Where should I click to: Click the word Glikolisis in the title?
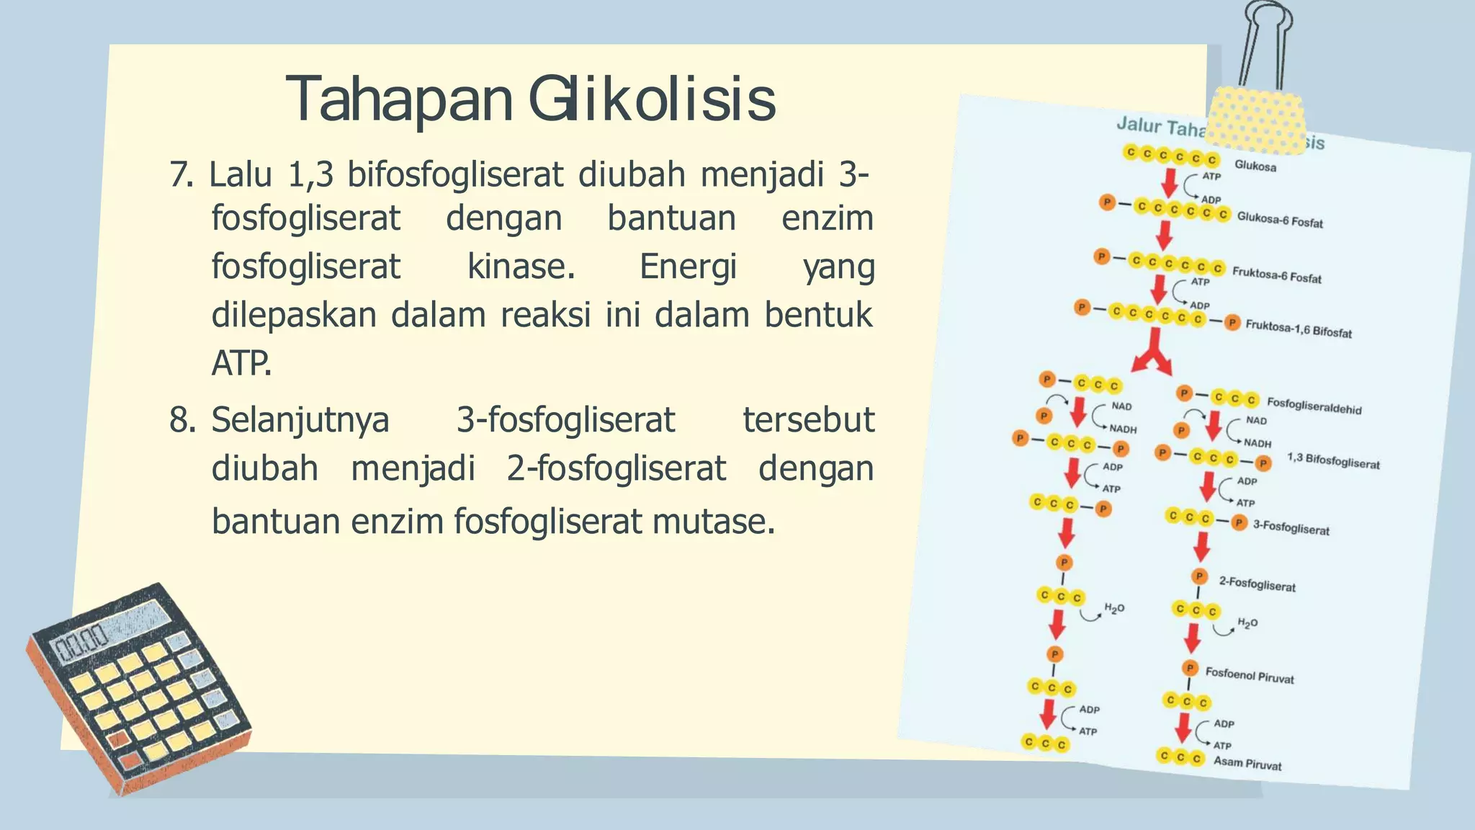pos(653,99)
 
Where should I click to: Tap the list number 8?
pos(181,420)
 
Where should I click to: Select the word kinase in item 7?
pos(521,267)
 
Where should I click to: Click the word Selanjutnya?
pos(300,420)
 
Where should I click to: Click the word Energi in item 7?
pos(688,267)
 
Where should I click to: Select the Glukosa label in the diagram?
pos(1255,166)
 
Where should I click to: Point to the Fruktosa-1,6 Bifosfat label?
pos(1298,330)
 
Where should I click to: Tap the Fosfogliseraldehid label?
pos(1314,406)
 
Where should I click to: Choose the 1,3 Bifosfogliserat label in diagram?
pos(1332,461)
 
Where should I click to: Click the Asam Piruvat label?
pos(1247,763)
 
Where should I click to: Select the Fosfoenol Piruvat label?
pos(1249,675)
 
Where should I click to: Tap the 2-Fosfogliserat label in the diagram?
pos(1257,584)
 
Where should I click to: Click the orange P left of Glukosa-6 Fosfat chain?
pos(1107,202)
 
